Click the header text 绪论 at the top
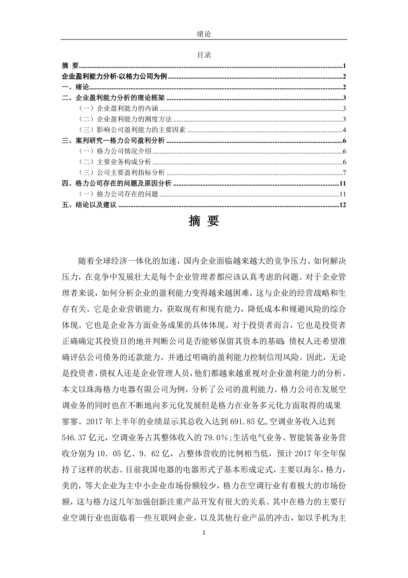point(204,34)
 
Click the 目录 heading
point(204,55)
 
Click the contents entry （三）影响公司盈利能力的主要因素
point(132,130)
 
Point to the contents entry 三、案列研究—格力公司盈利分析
point(114,141)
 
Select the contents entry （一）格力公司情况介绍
point(115,152)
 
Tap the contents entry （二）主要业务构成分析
point(115,162)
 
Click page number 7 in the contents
point(344,173)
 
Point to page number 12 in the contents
point(342,205)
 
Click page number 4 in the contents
point(344,130)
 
